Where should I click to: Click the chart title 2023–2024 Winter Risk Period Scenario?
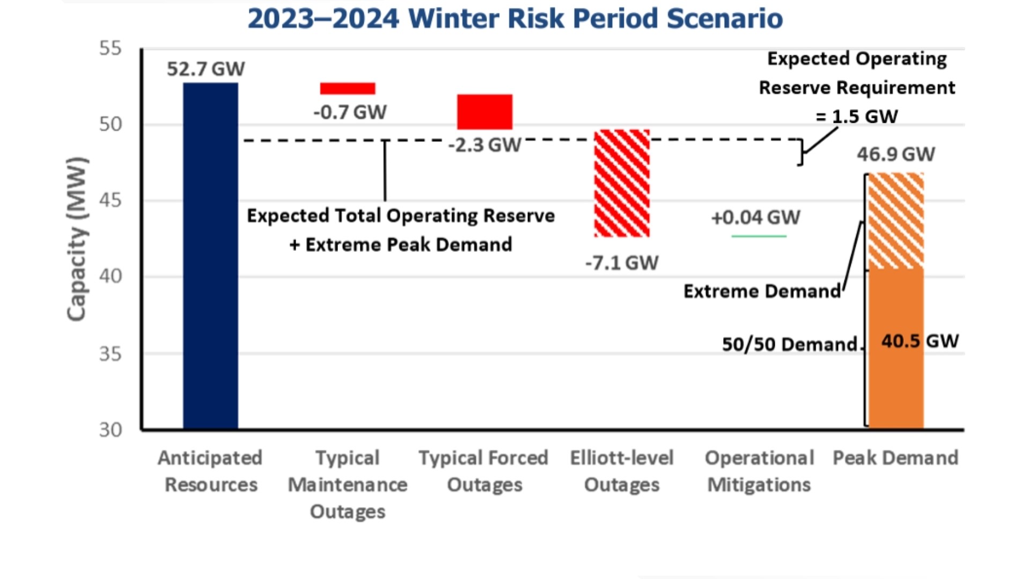515,18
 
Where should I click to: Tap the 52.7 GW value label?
205,69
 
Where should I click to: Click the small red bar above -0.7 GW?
348,88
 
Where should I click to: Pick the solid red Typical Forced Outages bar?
484,112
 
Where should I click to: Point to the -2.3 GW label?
484,145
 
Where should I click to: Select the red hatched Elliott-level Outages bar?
622,183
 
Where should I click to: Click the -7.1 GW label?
622,263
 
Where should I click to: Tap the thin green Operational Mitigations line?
759,236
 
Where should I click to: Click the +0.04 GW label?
755,218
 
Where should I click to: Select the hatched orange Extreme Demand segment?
896,221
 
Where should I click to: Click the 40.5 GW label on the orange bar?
919,341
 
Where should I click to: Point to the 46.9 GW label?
895,154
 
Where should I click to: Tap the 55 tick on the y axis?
111,49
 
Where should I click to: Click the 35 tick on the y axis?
111,354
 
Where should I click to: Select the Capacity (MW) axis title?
76,239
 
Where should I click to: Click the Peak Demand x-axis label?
895,458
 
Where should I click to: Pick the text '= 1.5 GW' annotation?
856,116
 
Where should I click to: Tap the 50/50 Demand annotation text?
789,344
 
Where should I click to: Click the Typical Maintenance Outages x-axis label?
348,484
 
